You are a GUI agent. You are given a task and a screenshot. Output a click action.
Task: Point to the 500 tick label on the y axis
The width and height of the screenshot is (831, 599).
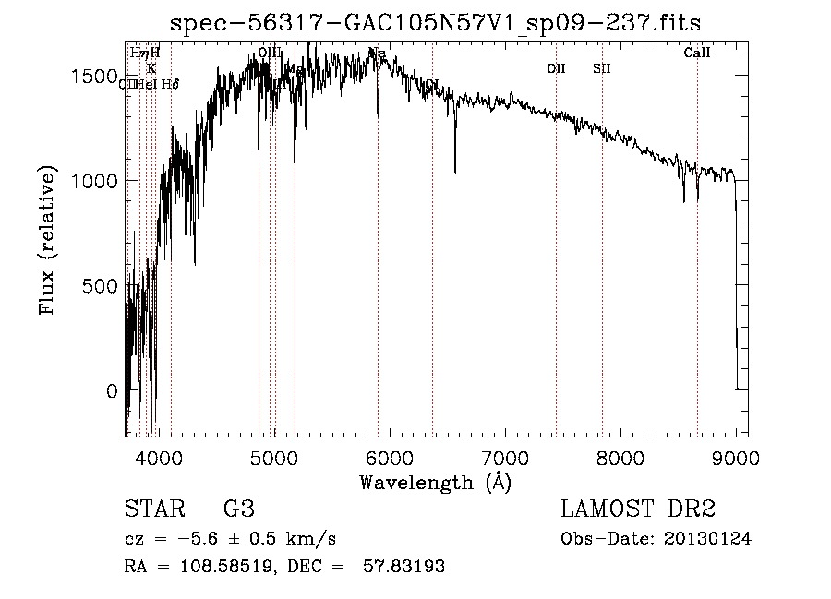click(98, 286)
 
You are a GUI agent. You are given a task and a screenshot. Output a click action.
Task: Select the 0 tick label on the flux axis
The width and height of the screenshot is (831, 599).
click(113, 391)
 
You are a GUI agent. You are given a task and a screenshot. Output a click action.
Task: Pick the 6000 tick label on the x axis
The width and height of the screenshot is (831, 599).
click(389, 456)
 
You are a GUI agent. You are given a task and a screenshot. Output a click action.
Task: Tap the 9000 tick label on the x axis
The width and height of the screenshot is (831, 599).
click(736, 456)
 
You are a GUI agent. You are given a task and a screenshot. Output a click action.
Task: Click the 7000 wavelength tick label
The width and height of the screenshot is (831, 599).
click(505, 456)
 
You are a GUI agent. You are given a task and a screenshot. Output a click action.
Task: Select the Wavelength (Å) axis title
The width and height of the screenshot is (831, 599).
click(435, 482)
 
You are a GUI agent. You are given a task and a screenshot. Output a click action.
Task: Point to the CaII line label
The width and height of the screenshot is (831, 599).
click(697, 54)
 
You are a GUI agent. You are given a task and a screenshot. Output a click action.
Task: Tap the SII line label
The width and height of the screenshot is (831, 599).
click(602, 68)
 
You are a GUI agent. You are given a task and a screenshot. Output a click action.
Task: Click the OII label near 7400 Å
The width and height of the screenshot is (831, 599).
click(556, 68)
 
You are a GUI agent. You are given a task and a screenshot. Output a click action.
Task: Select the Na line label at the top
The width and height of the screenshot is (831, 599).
click(377, 54)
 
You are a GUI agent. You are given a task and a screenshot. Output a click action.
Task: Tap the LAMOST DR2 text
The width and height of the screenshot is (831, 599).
click(638, 510)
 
